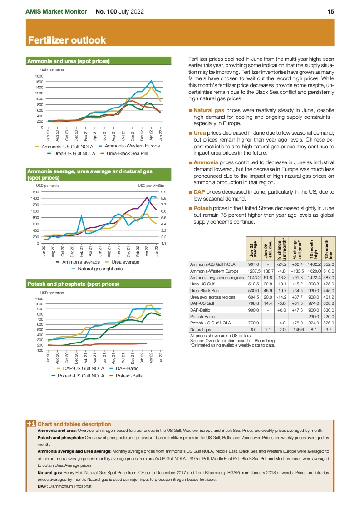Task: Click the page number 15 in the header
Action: [331, 11]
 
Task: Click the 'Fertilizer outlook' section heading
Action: [67, 41]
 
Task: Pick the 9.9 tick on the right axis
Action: [164, 192]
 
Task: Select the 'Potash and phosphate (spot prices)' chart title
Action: [73, 284]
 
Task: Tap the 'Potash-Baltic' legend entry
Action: [129, 376]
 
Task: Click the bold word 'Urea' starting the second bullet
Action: [200, 132]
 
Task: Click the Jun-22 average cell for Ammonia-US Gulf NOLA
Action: [253, 264]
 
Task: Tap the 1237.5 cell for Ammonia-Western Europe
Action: [253, 271]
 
